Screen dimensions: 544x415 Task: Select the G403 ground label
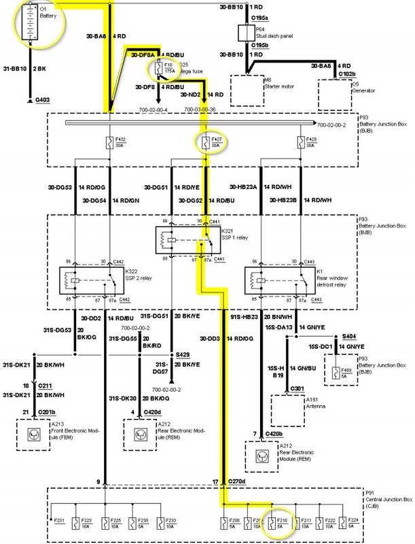43,100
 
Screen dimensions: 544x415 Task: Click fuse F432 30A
111,144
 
